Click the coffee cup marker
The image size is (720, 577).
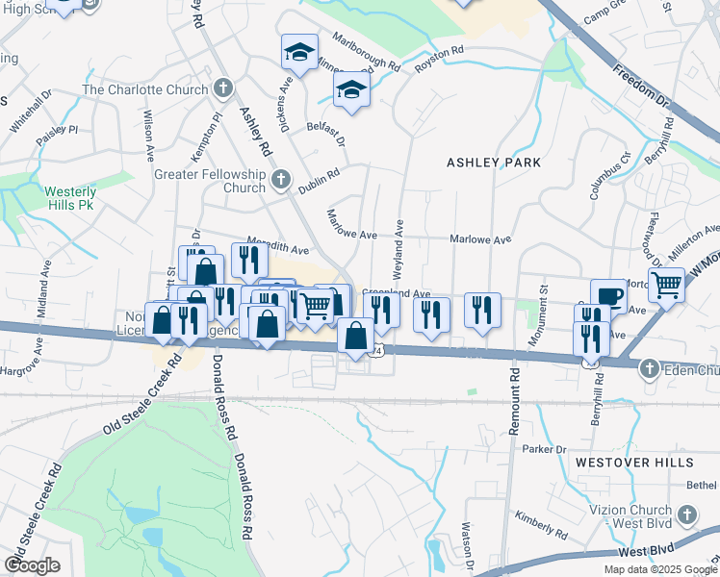[608, 295]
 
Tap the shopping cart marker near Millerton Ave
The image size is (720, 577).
[666, 284]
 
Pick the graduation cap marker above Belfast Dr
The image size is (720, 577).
[352, 91]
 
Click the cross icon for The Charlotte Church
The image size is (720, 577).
[222, 90]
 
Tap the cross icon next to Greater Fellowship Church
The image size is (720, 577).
[280, 180]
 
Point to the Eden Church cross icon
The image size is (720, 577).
[650, 369]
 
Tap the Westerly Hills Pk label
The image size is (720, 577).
[70, 198]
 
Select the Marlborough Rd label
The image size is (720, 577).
[366, 52]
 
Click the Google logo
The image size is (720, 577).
[32, 565]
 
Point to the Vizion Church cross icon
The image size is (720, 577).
[686, 515]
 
